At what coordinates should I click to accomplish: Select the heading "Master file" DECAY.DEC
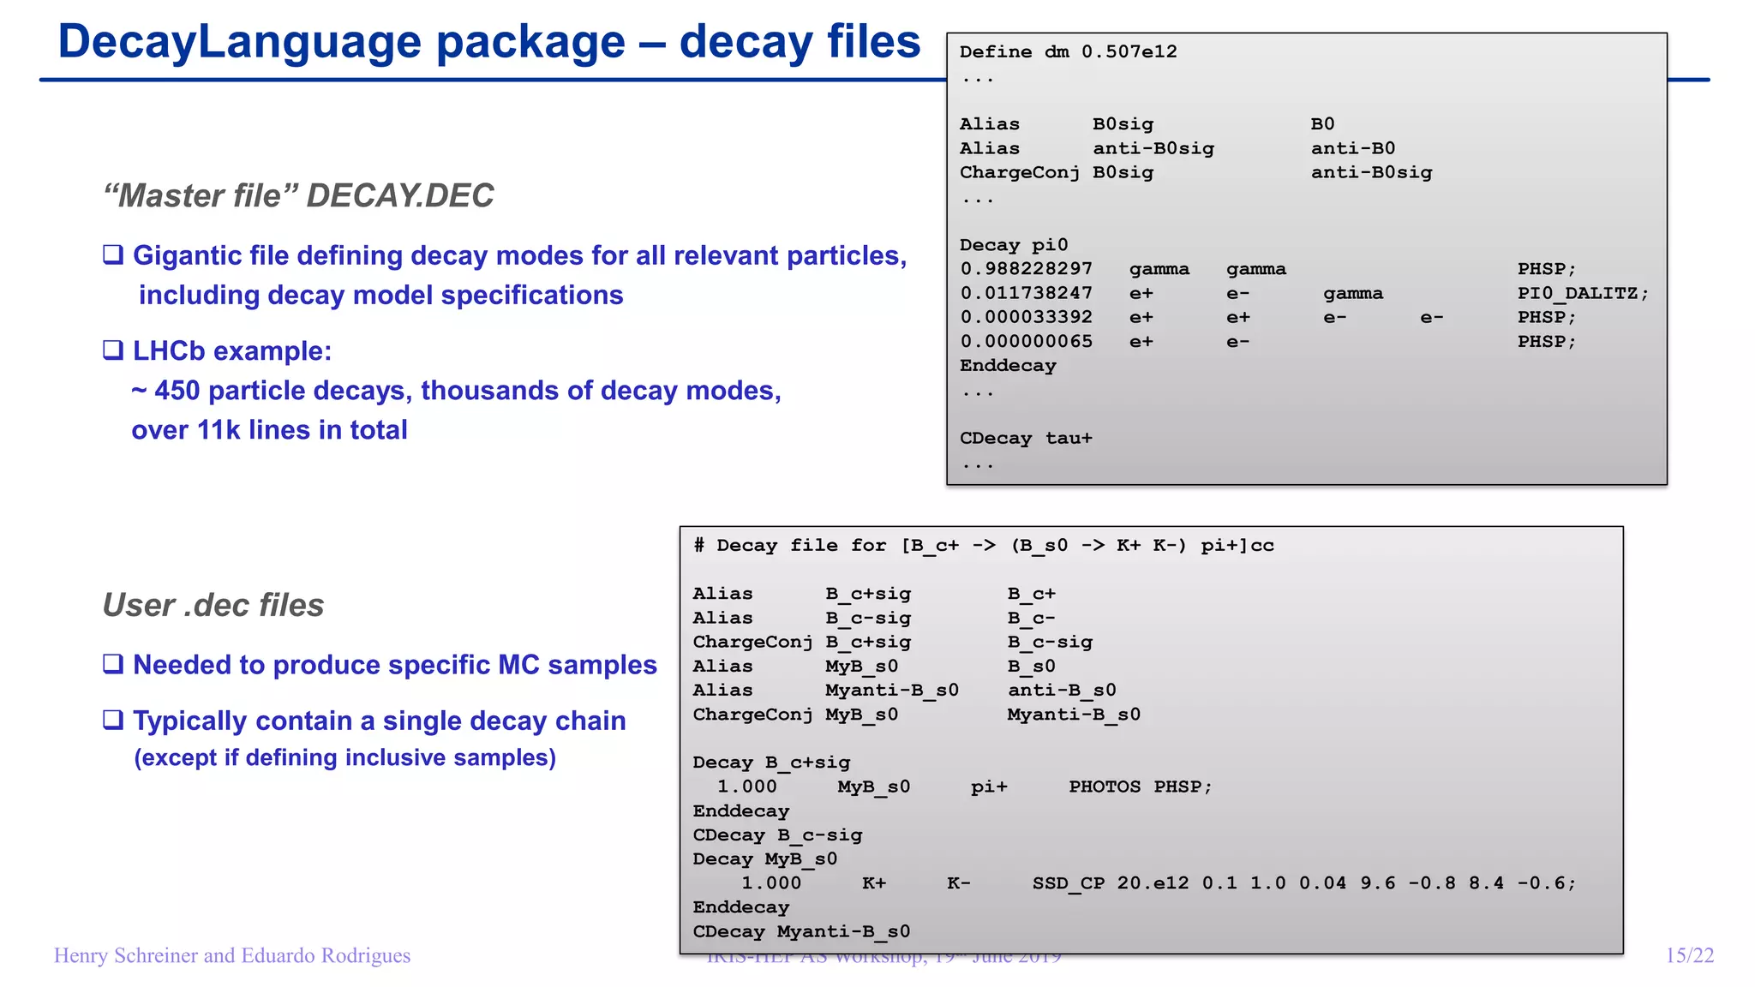298,195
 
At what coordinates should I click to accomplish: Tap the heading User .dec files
213,605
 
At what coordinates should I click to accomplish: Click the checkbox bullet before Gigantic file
113,255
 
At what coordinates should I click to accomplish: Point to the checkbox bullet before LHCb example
113,350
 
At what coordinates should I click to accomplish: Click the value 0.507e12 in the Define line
1129,52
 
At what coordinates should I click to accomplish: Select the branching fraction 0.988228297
1026,269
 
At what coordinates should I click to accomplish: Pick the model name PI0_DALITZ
1582,293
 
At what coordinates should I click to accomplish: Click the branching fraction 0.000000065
1026,342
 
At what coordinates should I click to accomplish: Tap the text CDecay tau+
1026,439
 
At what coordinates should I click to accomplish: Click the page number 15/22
1689,955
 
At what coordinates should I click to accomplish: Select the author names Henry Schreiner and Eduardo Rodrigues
232,955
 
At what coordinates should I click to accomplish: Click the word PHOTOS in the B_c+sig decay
1104,787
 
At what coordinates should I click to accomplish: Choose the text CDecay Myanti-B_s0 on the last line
801,931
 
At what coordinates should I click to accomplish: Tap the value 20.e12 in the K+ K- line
1153,883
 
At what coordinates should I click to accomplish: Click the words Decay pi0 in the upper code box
1014,245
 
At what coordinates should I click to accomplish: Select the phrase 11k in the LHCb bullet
219,430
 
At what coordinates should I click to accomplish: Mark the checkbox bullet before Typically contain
113,721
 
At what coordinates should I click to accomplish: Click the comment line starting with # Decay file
983,546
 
